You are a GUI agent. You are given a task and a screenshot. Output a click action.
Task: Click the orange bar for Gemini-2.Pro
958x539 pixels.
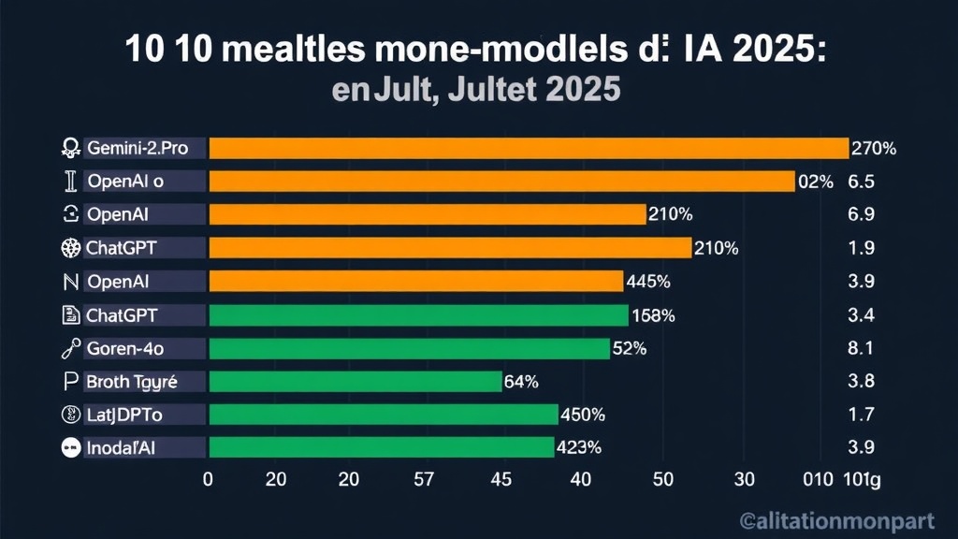tap(529, 148)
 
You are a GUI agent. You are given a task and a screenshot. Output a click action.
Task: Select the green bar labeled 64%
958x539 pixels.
tap(356, 381)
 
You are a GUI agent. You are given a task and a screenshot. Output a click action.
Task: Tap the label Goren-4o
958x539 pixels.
tap(125, 349)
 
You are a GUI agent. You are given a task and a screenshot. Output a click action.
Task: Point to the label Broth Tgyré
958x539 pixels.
tap(131, 382)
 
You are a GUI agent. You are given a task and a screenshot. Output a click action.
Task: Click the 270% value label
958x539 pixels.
tap(874, 148)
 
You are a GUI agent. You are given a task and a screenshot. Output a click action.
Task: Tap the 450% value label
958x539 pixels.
tap(582, 415)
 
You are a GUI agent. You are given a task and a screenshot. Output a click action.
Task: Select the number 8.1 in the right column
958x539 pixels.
tap(860, 349)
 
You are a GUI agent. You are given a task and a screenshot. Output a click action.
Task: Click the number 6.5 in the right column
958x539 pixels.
tap(860, 182)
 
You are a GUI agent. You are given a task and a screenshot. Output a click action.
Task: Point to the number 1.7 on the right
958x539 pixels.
tap(860, 415)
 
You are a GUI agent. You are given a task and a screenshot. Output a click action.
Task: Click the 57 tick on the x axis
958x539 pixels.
tap(424, 480)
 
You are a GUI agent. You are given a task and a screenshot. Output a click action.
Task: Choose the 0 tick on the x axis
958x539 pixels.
tap(208, 480)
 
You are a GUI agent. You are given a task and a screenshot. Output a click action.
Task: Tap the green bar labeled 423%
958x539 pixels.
tap(381, 447)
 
